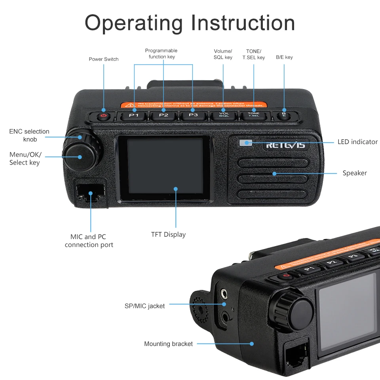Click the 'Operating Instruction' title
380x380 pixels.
[x=190, y=23]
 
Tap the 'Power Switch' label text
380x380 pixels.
[x=104, y=59]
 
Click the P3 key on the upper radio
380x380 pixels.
[x=193, y=115]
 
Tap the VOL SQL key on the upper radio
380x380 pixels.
[x=224, y=115]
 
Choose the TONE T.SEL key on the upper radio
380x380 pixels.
[x=253, y=115]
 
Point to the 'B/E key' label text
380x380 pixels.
[x=284, y=57]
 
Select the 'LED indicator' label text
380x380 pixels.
[x=357, y=142]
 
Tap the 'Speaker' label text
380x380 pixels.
[x=355, y=173]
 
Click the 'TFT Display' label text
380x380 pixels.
[x=168, y=234]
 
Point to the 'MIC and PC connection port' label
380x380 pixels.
[x=89, y=241]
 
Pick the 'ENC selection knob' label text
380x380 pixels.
[x=29, y=135]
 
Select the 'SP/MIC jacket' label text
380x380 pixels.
[x=144, y=306]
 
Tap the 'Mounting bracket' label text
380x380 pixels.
[x=168, y=344]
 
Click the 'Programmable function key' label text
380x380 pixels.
[x=161, y=53]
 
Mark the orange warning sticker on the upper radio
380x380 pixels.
[x=194, y=105]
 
